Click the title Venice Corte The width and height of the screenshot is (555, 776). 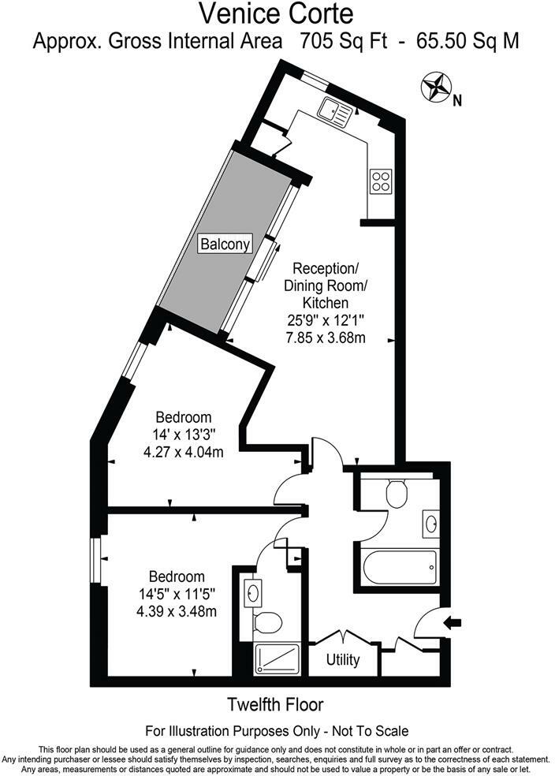[276, 13]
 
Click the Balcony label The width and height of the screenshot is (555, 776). [225, 244]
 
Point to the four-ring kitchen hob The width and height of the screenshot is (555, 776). [382, 181]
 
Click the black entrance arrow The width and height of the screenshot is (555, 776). [454, 623]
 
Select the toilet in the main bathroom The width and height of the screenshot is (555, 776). [397, 494]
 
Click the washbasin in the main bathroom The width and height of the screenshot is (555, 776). [431, 522]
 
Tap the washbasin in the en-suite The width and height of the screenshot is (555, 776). [253, 591]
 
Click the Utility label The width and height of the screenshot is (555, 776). [343, 659]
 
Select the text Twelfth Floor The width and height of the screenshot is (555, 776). [275, 704]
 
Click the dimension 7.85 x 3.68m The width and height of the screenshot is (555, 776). [326, 338]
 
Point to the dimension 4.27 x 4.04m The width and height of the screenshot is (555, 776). [183, 453]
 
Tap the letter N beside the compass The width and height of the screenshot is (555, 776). [457, 100]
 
